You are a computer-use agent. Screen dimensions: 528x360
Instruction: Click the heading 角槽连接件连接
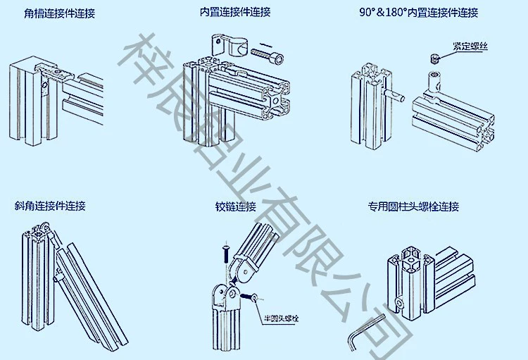click(x=60, y=13)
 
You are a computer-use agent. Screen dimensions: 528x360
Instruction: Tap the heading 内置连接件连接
click(x=235, y=12)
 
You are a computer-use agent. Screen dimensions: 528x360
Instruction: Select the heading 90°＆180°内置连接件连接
click(x=419, y=13)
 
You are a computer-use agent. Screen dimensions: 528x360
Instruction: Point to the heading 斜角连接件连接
click(x=50, y=206)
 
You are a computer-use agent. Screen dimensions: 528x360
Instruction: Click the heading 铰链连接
click(x=236, y=206)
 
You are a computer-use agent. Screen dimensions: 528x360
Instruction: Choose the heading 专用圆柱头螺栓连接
click(x=413, y=206)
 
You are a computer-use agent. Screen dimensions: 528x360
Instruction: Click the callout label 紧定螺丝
click(x=470, y=46)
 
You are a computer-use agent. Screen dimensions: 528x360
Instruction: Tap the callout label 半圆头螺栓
click(x=281, y=318)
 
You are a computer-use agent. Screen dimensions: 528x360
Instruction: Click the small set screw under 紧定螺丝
click(x=435, y=58)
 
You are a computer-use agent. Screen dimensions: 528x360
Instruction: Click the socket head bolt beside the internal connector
click(x=268, y=55)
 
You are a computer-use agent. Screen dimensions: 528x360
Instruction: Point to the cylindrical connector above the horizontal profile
click(x=434, y=82)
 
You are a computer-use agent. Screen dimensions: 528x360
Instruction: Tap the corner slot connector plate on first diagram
click(x=55, y=71)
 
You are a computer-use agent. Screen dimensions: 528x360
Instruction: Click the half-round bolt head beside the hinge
click(x=249, y=297)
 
